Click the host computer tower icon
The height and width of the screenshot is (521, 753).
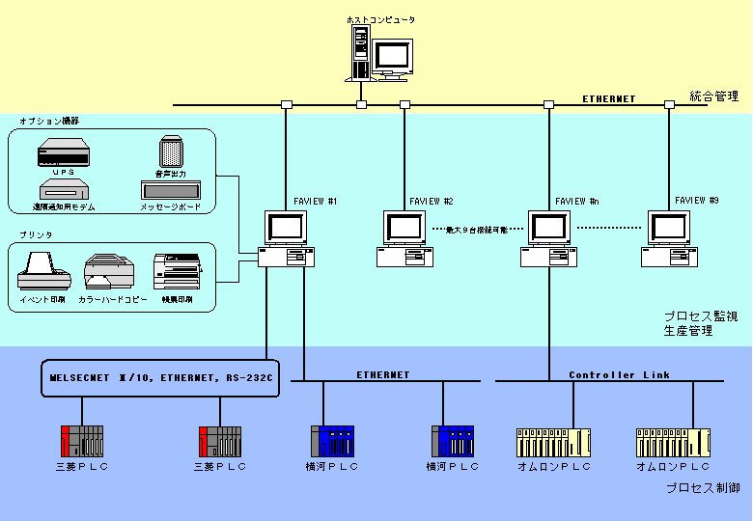point(360,52)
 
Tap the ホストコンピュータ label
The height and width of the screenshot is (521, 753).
point(380,19)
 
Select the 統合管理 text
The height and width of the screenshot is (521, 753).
point(714,96)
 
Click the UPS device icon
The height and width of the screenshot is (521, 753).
point(63,153)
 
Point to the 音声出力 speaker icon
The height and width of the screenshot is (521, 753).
point(171,151)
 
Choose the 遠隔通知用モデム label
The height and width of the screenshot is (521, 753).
point(64,207)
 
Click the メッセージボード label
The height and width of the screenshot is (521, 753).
point(171,207)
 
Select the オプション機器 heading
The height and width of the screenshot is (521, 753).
point(49,121)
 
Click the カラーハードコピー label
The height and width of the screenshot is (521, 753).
point(113,300)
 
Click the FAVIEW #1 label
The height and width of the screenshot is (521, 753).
point(315,201)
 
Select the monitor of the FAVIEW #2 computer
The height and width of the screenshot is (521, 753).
point(405,228)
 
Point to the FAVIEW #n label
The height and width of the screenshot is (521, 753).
point(577,201)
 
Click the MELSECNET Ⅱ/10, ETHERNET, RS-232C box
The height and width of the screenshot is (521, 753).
point(161,378)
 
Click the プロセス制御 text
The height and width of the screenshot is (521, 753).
point(703,489)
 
